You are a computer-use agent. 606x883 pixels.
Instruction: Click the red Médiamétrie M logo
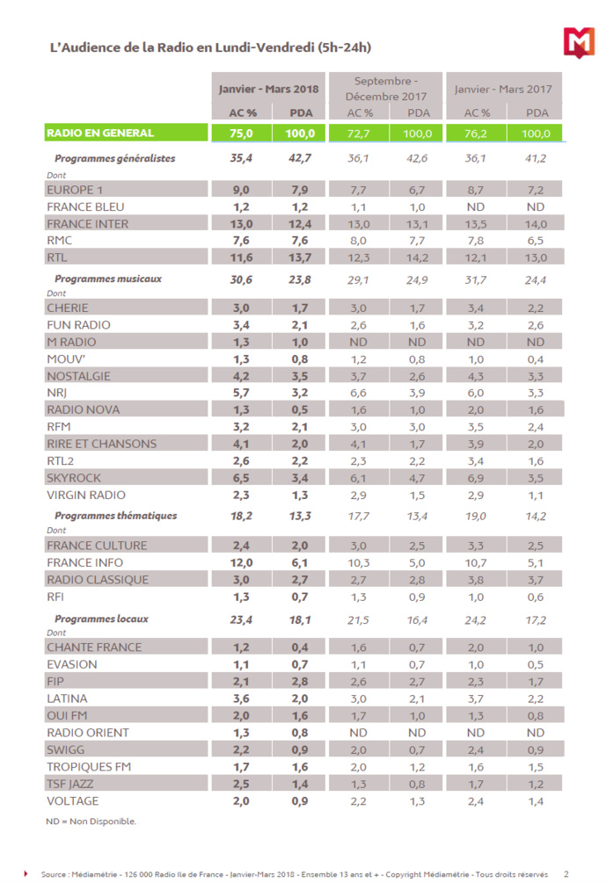click(x=577, y=40)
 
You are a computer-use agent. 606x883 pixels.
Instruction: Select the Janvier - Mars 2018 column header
click(x=268, y=89)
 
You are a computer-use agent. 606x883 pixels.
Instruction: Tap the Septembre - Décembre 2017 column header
click(x=385, y=88)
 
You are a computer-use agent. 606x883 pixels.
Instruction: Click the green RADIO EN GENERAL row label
click(x=100, y=134)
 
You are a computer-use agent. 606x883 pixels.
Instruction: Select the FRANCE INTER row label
click(x=87, y=224)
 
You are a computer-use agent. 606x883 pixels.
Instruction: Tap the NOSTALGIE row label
click(x=81, y=376)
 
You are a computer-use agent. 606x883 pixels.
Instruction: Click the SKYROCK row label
click(x=77, y=478)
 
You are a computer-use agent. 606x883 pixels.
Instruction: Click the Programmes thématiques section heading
click(x=115, y=516)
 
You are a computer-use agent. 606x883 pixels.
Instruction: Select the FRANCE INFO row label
click(x=84, y=562)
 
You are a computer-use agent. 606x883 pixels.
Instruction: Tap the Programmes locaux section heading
click(x=101, y=619)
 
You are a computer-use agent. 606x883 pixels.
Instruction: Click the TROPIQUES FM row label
click(x=88, y=767)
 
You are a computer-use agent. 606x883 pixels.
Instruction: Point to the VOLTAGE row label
click(x=72, y=801)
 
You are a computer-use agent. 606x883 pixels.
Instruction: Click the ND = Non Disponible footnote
click(x=91, y=821)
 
